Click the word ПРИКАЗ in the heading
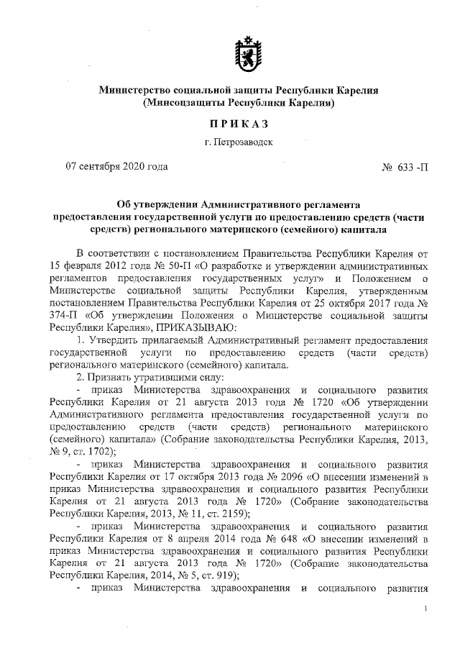[239, 124]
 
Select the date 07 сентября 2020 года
[116, 168]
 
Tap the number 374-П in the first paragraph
[64, 314]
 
